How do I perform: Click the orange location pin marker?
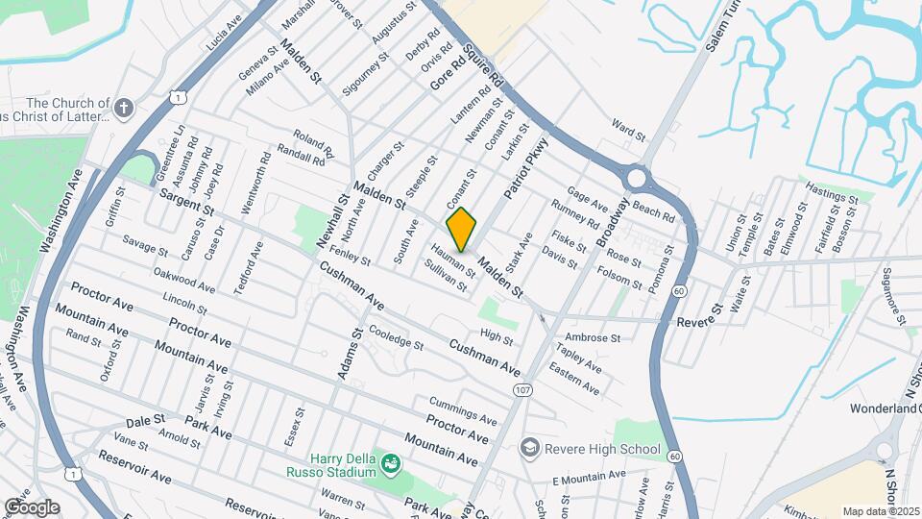[x=462, y=230]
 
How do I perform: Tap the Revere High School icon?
[x=529, y=448]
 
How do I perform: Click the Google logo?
[x=32, y=507]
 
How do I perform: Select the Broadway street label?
[x=611, y=221]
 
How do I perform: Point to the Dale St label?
[x=146, y=420]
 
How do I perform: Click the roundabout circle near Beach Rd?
[x=637, y=178]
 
